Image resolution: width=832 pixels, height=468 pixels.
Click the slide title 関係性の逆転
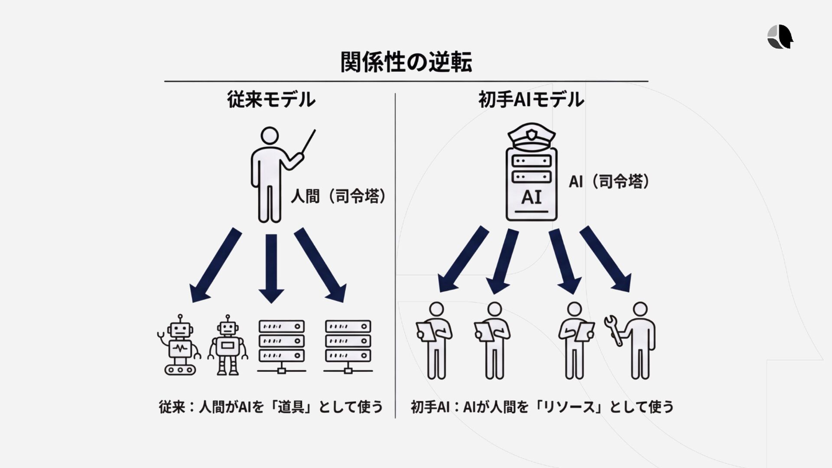click(406, 62)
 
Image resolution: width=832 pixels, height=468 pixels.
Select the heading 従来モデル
click(271, 100)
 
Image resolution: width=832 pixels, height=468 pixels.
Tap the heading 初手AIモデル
click(531, 100)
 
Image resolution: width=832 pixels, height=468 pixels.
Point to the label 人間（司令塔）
click(338, 197)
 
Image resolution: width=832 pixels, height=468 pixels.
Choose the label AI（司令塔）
click(609, 182)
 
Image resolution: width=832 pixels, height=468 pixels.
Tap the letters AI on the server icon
click(531, 197)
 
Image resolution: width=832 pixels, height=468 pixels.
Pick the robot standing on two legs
click(227, 345)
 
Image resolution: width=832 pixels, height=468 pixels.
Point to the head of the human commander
click(270, 136)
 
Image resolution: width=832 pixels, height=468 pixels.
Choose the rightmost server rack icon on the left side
click(348, 347)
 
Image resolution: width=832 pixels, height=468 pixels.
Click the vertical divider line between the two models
click(395, 256)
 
